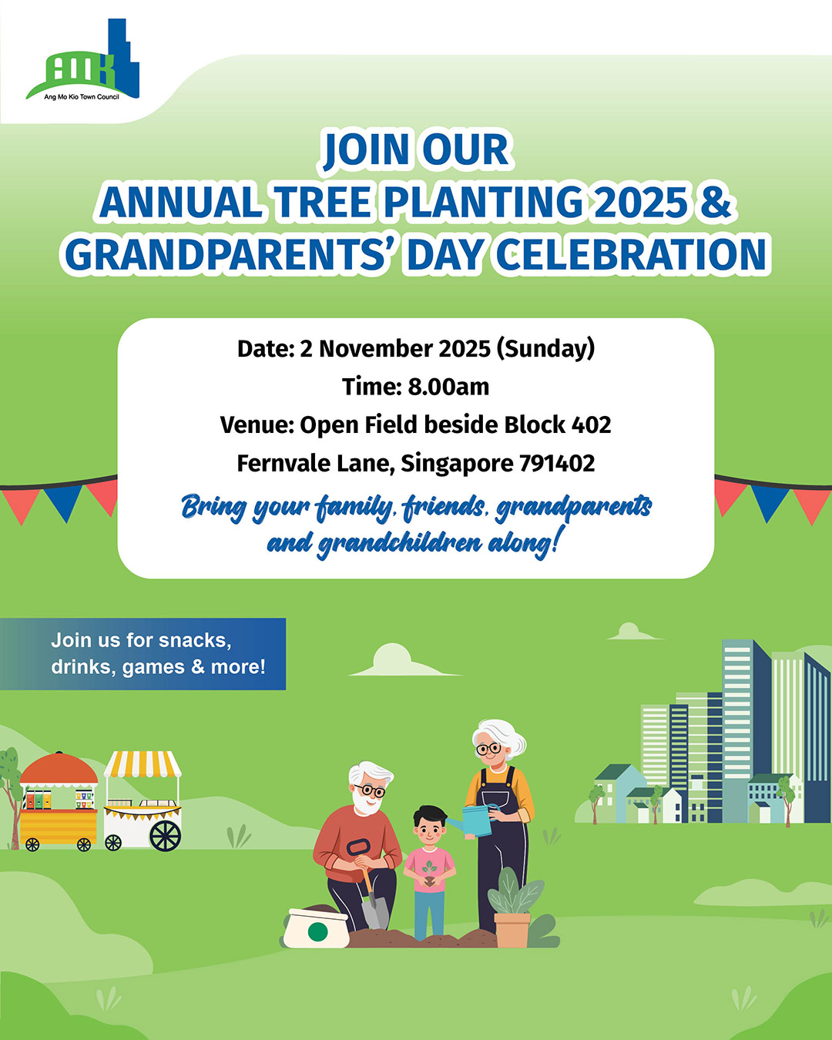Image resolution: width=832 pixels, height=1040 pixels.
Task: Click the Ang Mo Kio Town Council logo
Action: click(82, 59)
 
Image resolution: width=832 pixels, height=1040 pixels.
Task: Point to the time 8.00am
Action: click(448, 387)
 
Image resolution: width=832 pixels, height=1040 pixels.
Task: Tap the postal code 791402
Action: click(557, 463)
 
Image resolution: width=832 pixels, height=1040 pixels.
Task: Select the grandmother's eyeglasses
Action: click(488, 749)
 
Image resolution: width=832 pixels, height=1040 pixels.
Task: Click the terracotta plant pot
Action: click(512, 929)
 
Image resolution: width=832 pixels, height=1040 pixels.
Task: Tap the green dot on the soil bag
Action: click(317, 931)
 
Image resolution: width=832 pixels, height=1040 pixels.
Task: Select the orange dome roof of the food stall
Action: click(59, 770)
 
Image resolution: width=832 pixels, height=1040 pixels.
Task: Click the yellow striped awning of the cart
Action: click(143, 763)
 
